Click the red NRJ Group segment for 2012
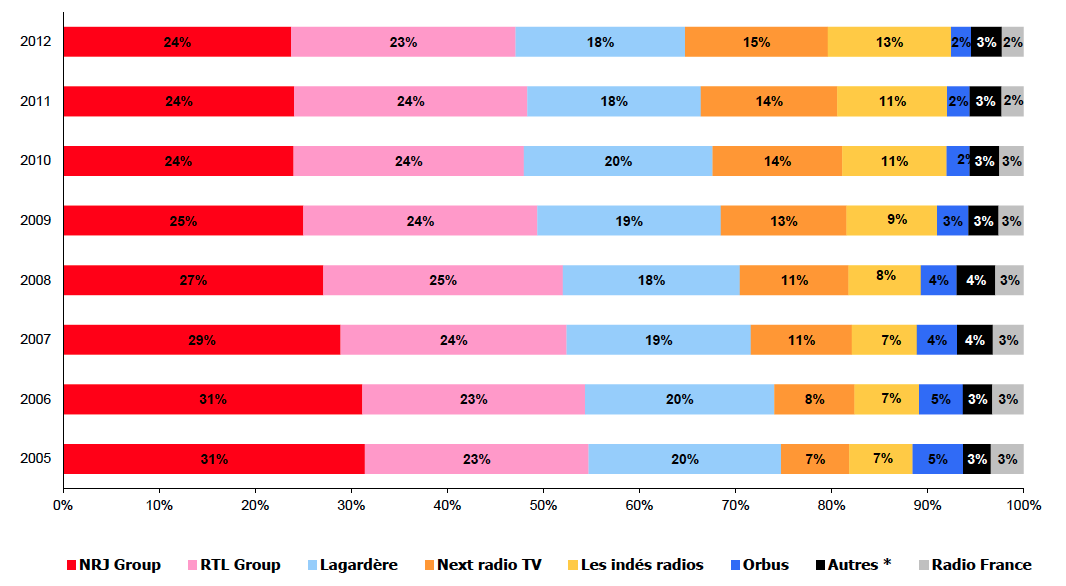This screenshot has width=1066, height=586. coord(177,42)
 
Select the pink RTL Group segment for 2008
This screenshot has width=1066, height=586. coord(442,280)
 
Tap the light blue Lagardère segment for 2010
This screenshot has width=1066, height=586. coord(618,161)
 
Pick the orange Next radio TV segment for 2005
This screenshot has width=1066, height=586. coord(815,459)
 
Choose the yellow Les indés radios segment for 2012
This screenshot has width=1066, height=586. coord(889,42)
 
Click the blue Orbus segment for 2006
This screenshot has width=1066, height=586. coord(941,399)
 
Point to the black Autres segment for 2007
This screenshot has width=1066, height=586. coord(975,340)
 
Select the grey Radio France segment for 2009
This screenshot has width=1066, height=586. coord(1011,221)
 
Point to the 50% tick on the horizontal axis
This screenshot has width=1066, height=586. coord(543,506)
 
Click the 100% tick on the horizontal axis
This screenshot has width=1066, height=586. coord(1022,506)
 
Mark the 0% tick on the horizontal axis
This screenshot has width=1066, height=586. coord(63,506)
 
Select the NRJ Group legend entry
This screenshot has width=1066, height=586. coord(113,565)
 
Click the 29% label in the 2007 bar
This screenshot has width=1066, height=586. coord(201,340)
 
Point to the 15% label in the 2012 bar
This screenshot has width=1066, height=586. coord(756,42)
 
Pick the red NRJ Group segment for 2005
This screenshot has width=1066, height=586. coord(213,459)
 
